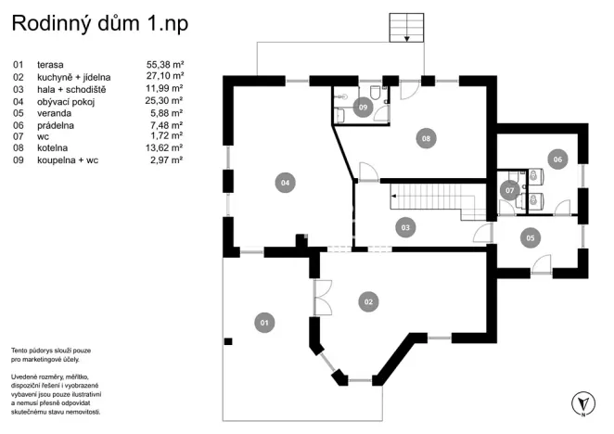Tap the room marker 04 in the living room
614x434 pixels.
(286, 183)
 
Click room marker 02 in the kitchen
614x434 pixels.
(368, 301)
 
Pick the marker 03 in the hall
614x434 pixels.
(405, 226)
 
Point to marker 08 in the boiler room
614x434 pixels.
(426, 138)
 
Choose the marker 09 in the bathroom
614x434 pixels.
(364, 108)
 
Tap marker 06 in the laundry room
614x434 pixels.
(556, 159)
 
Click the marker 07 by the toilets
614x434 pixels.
(509, 190)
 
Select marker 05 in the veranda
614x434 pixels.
(530, 237)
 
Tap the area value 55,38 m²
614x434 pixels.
(165, 64)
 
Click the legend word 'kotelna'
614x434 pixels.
(53, 148)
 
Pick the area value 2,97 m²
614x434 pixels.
(167, 160)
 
